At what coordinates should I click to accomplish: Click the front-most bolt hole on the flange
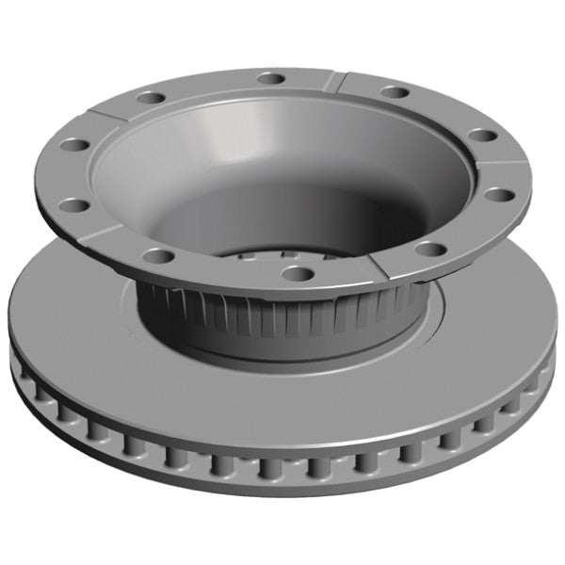(298, 274)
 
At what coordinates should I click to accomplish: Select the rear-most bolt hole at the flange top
(271, 77)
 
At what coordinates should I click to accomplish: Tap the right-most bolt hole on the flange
(500, 195)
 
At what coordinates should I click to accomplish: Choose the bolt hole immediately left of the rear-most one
(148, 97)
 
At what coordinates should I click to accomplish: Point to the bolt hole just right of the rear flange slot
(395, 92)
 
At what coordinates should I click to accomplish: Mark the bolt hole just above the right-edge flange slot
(481, 136)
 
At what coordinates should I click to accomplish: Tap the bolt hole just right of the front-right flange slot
(429, 250)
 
